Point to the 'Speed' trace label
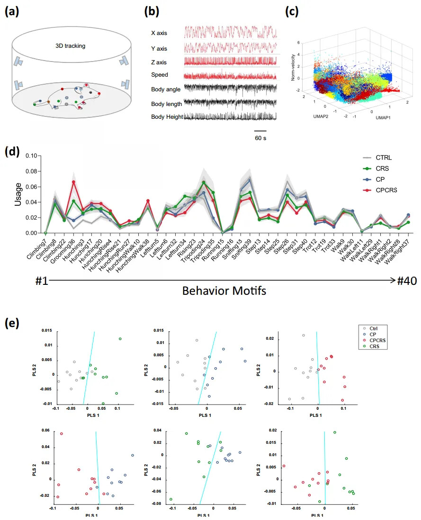(x=159, y=75)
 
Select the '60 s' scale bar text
(x=260, y=138)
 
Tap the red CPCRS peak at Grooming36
(x=74, y=182)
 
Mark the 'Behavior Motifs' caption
(x=224, y=291)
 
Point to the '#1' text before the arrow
(x=42, y=280)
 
